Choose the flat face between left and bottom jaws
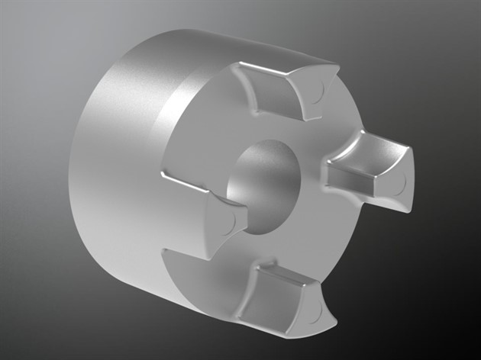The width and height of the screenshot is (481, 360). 206,259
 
